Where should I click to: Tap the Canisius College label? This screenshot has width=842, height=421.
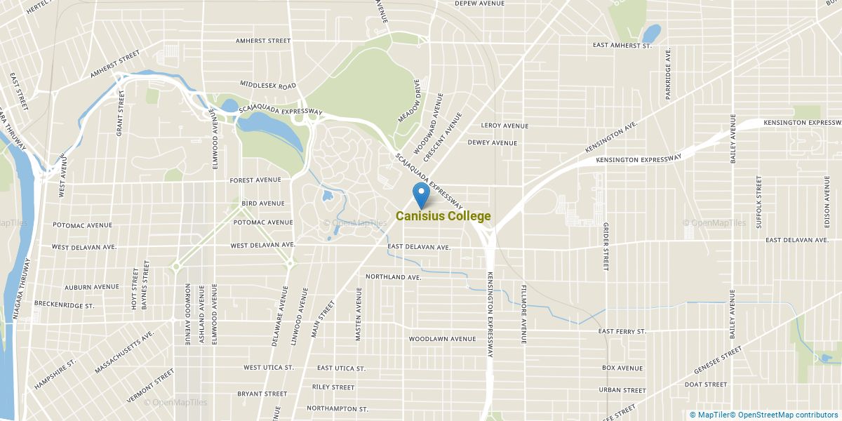[x=443, y=216]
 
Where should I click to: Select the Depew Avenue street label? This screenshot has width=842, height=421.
[x=480, y=4]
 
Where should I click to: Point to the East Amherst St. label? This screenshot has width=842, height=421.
[x=622, y=46]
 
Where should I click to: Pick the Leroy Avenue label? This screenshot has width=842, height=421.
[x=504, y=126]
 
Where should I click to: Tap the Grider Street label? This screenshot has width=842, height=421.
[x=605, y=246]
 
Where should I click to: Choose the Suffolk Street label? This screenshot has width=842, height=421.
[x=759, y=202]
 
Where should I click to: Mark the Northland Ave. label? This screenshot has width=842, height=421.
[x=393, y=277]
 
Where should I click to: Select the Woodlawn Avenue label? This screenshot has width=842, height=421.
[x=443, y=339]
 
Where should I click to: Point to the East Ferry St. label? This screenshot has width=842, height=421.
[x=622, y=331]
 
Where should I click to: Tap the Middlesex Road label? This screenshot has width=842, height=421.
[x=268, y=85]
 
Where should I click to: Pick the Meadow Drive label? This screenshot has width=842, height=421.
[x=409, y=101]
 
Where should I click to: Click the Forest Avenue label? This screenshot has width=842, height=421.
[x=256, y=180]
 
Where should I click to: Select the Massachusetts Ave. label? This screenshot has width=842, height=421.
[x=125, y=354]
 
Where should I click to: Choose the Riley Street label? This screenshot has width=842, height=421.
[x=333, y=387]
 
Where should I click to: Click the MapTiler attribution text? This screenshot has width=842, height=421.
[x=711, y=415]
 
